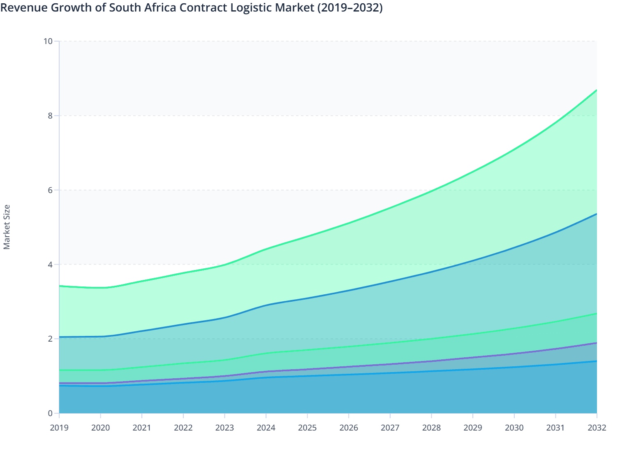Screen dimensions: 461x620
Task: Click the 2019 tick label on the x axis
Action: click(59, 428)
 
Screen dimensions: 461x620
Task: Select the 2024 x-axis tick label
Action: click(266, 428)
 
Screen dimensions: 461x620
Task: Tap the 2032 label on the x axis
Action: click(597, 428)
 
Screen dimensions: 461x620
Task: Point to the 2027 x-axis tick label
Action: click(390, 428)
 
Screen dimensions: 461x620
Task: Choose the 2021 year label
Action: click(142, 428)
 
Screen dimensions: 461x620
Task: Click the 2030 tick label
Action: click(514, 428)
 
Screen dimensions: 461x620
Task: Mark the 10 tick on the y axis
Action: click(48, 41)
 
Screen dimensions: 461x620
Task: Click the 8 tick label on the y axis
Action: click(50, 116)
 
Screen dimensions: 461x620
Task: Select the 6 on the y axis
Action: click(50, 190)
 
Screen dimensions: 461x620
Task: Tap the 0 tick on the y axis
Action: click(50, 413)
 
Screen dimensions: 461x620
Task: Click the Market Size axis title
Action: click(7, 227)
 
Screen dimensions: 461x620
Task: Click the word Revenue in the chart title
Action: click(24, 7)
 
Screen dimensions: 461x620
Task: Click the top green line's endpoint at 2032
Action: click(596, 90)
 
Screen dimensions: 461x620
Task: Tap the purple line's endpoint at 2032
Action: click(596, 343)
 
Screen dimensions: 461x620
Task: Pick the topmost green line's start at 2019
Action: click(60, 286)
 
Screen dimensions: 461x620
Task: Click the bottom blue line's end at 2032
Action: click(596, 361)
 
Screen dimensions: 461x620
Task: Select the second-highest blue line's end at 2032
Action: click(596, 214)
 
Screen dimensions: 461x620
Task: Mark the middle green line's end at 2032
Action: click(596, 314)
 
